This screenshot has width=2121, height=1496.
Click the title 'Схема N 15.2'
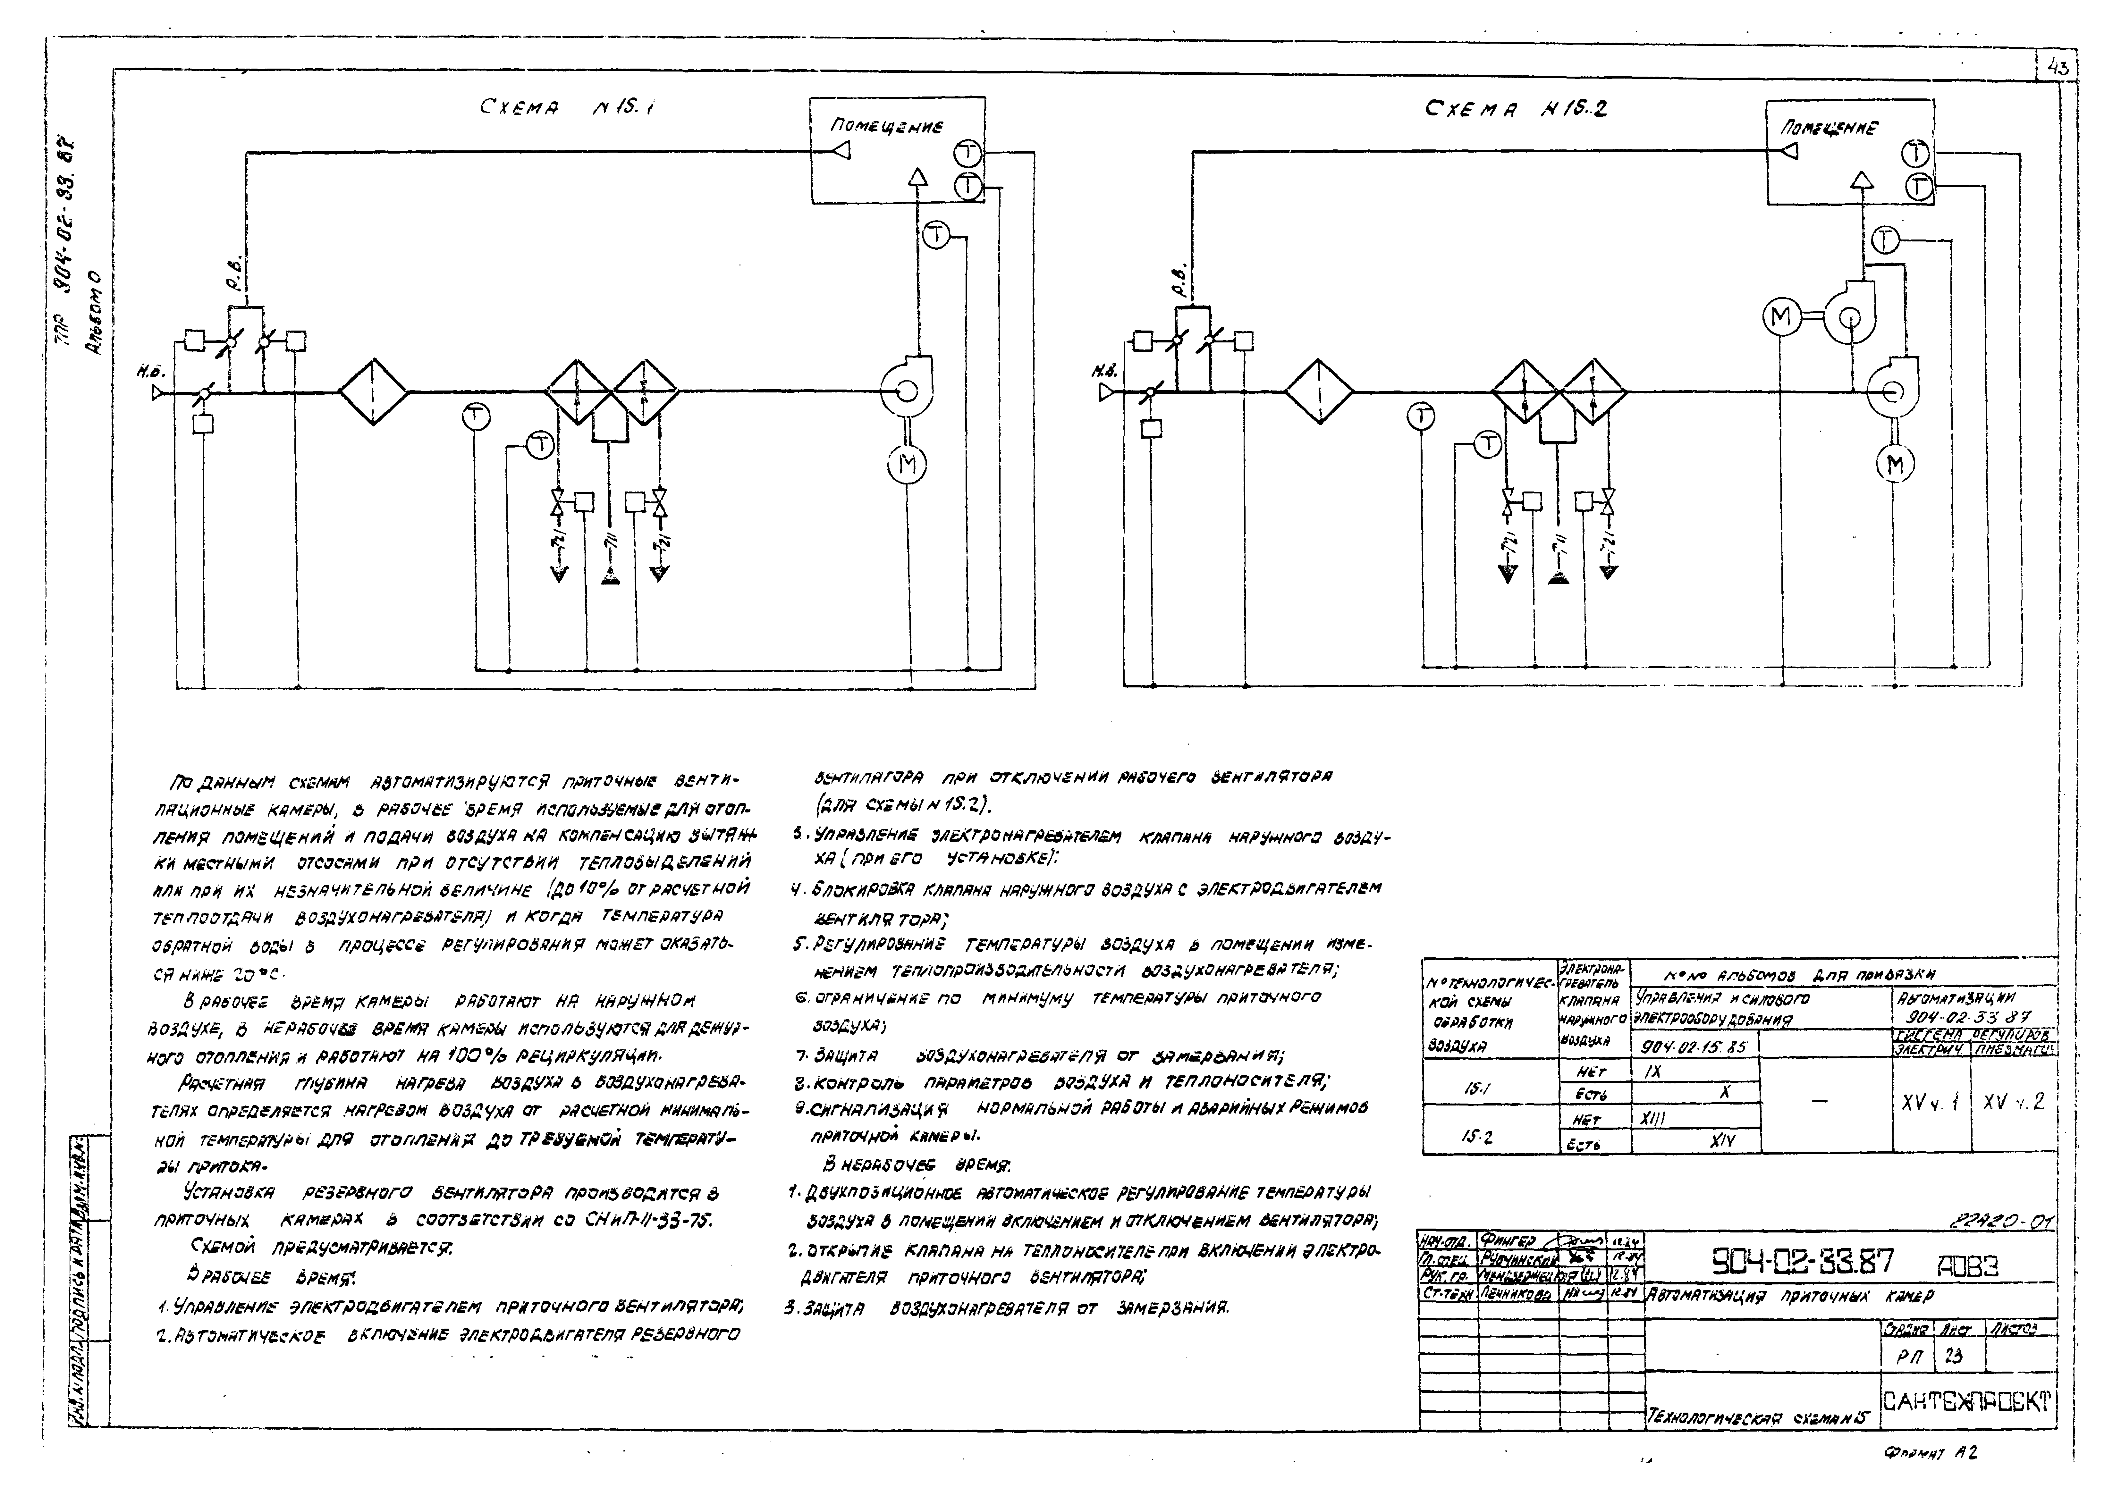(1516, 109)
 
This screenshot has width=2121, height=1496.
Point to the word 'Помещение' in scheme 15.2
(1829, 128)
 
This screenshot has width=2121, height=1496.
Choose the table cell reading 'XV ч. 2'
(2014, 1102)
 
